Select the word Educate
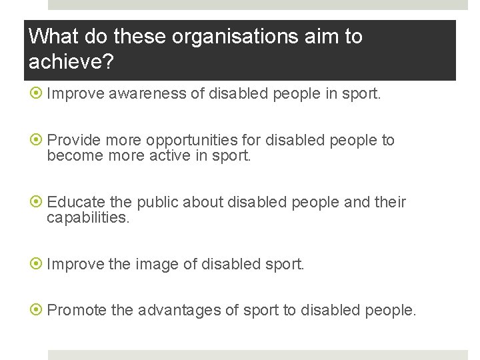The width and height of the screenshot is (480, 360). (73, 202)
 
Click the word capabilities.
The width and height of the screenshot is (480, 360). (87, 218)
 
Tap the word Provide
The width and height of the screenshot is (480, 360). (71, 140)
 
